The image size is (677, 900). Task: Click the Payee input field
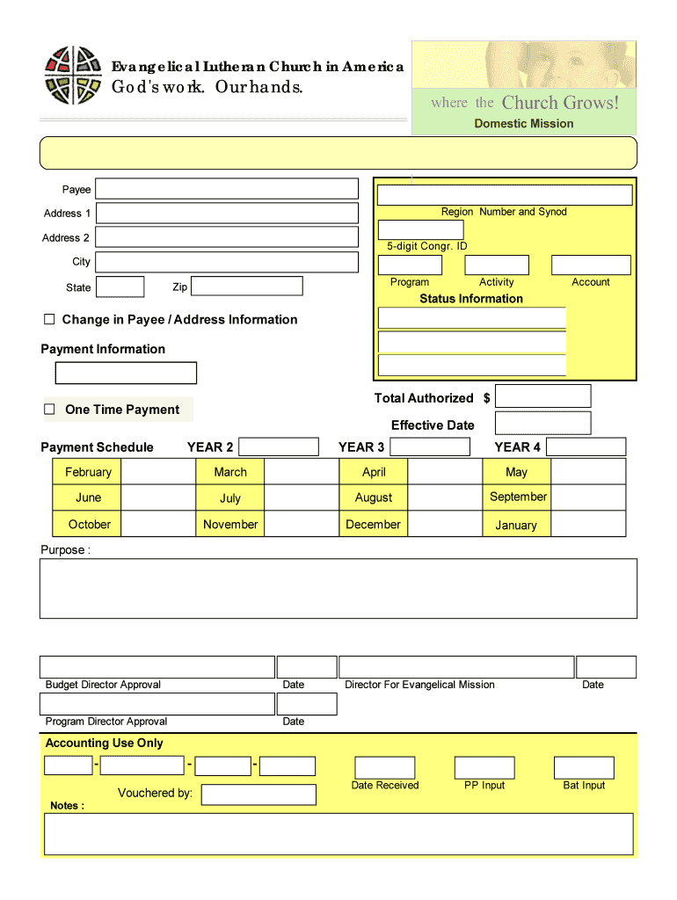pos(227,189)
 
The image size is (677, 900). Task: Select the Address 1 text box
pos(227,213)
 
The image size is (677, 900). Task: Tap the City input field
pos(227,262)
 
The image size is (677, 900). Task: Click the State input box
pos(120,287)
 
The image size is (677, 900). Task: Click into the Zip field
pos(246,287)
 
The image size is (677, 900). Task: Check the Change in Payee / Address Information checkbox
pos(50,319)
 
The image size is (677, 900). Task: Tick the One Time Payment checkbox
pos(50,410)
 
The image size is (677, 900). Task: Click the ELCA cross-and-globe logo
pos(74,76)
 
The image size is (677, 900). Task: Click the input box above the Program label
pos(410,265)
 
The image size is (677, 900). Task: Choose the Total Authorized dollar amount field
pos(542,396)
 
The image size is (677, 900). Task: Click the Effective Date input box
pos(542,423)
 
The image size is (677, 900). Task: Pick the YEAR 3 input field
pos(430,446)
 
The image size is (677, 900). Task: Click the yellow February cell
pos(88,472)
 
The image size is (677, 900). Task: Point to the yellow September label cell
pos(518,497)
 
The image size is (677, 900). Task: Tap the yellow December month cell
pos(373,524)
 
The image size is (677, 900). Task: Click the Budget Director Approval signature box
pos(157,667)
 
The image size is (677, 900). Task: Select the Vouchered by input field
pos(258,795)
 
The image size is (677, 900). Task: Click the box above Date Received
pos(384,767)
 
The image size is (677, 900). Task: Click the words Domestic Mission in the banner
pos(523,124)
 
